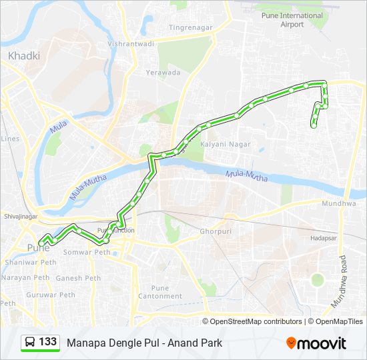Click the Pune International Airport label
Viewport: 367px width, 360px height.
coord(292,20)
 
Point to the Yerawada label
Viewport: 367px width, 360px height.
coord(163,73)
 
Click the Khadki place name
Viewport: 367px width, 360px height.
coord(24,57)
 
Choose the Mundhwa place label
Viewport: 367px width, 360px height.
coord(339,203)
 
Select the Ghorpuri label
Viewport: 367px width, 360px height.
coord(215,231)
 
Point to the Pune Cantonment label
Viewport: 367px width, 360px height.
coord(159,291)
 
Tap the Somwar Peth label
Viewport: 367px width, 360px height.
coord(86,253)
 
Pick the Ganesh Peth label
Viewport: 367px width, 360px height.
coord(79,278)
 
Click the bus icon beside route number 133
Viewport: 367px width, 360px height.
coord(30,343)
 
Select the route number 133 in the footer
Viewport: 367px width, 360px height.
coord(47,342)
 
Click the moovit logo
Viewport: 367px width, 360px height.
coord(316,343)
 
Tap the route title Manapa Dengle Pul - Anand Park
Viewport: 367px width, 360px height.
coord(144,343)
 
